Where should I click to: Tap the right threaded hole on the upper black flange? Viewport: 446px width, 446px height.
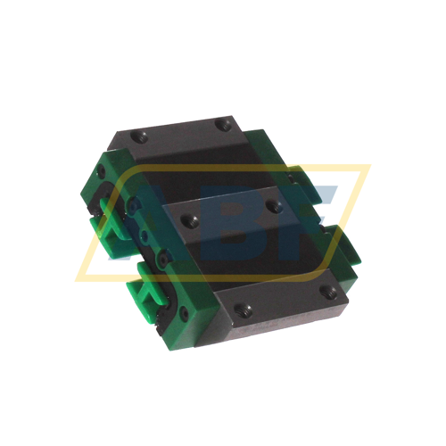[x=223, y=124]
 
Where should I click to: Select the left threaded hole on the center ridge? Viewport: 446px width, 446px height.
[x=188, y=220]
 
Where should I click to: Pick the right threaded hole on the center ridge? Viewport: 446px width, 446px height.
[x=274, y=206]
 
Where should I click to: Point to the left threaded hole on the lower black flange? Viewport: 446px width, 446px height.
[x=243, y=310]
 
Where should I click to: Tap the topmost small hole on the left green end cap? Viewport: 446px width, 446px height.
[x=102, y=171]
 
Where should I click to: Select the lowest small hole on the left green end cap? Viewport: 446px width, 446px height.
[x=185, y=313]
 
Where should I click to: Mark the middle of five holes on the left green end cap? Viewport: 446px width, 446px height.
[x=145, y=235]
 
